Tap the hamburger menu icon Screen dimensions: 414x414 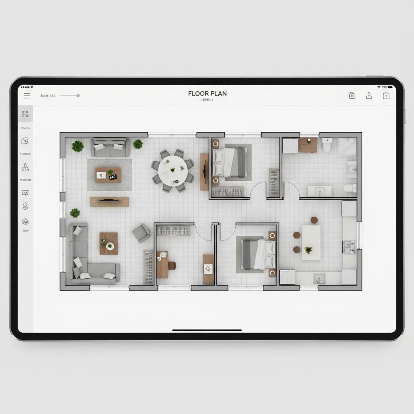[x=27, y=96]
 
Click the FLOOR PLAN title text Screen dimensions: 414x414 [x=207, y=93]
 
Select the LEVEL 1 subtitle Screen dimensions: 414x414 [x=207, y=100]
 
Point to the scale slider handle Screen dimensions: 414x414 [x=78, y=96]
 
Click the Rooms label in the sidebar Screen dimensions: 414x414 [x=25, y=128]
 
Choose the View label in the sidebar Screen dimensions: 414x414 [x=25, y=231]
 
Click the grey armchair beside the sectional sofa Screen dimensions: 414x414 [x=141, y=233]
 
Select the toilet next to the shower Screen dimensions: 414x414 [x=327, y=145]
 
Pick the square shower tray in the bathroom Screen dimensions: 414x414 [x=347, y=147]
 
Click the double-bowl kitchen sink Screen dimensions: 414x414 [x=349, y=246]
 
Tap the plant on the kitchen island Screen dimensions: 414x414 [x=308, y=250]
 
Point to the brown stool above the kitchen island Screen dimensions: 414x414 [x=314, y=220]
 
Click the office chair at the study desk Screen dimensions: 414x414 [x=172, y=265]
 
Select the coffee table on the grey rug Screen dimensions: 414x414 [x=108, y=175]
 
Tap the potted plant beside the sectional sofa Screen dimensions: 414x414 [x=75, y=213]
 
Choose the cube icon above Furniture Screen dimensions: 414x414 [x=25, y=142]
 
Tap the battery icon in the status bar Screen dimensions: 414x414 [x=390, y=87]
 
